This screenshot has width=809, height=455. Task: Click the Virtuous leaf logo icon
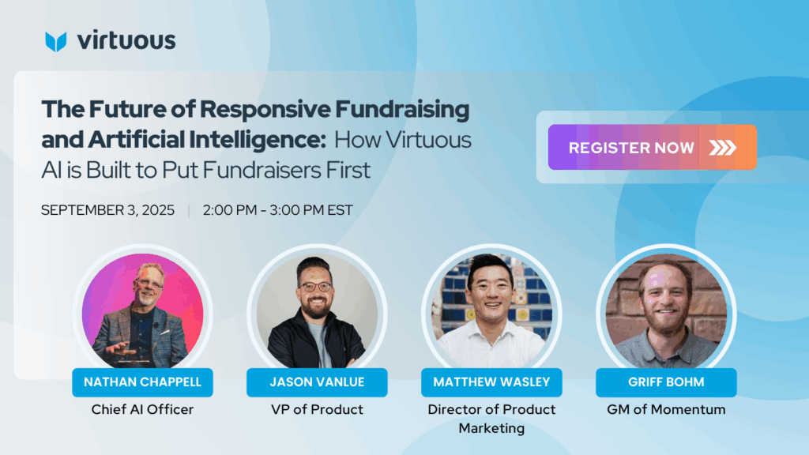click(56, 41)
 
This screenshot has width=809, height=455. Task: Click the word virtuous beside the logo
click(126, 41)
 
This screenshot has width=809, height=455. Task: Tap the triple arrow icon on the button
click(722, 148)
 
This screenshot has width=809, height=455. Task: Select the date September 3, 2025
click(107, 210)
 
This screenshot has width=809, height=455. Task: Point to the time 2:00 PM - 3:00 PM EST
click(277, 210)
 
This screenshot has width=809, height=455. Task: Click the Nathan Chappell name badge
click(142, 382)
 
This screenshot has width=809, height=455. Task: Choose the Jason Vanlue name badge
click(317, 382)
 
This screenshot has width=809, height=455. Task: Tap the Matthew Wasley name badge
click(491, 382)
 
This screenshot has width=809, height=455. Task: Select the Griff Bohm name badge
click(666, 382)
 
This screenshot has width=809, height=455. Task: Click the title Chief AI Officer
click(142, 410)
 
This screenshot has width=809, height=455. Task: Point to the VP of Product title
click(317, 410)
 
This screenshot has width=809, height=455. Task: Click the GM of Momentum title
click(666, 410)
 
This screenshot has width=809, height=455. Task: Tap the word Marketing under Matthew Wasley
click(491, 429)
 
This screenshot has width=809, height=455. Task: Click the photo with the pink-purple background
click(142, 310)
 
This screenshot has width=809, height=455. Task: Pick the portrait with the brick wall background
click(666, 310)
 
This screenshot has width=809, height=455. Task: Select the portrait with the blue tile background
click(491, 310)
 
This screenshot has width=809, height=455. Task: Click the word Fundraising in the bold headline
click(402, 110)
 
